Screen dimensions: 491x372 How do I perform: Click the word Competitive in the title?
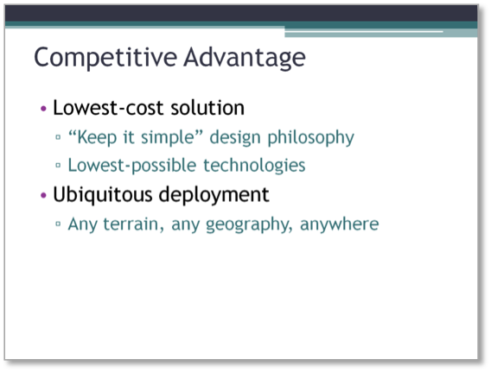[x=105, y=58]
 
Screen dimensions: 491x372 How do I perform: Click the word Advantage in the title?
[x=245, y=58]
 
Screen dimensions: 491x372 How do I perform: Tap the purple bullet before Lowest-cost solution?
[x=43, y=109]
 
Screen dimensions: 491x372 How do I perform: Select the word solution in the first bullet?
[x=207, y=108]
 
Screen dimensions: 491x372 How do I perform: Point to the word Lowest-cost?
[x=108, y=108]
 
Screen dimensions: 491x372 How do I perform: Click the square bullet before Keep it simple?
[x=58, y=136]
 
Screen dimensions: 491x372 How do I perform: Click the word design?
[x=235, y=137]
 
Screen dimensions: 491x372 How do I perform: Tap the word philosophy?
[x=310, y=137]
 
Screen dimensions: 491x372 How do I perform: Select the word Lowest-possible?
[x=132, y=165]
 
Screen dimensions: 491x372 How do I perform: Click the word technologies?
[x=254, y=165]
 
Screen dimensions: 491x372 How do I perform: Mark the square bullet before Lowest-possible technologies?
[x=58, y=165]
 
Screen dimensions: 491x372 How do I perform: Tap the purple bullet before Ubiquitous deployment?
[x=43, y=196]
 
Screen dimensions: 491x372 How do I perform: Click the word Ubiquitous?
[x=103, y=194]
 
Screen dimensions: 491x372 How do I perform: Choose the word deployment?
[x=214, y=194]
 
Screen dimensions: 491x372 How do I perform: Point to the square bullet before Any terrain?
[x=58, y=224]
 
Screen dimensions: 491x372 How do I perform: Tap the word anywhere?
[x=340, y=224]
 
